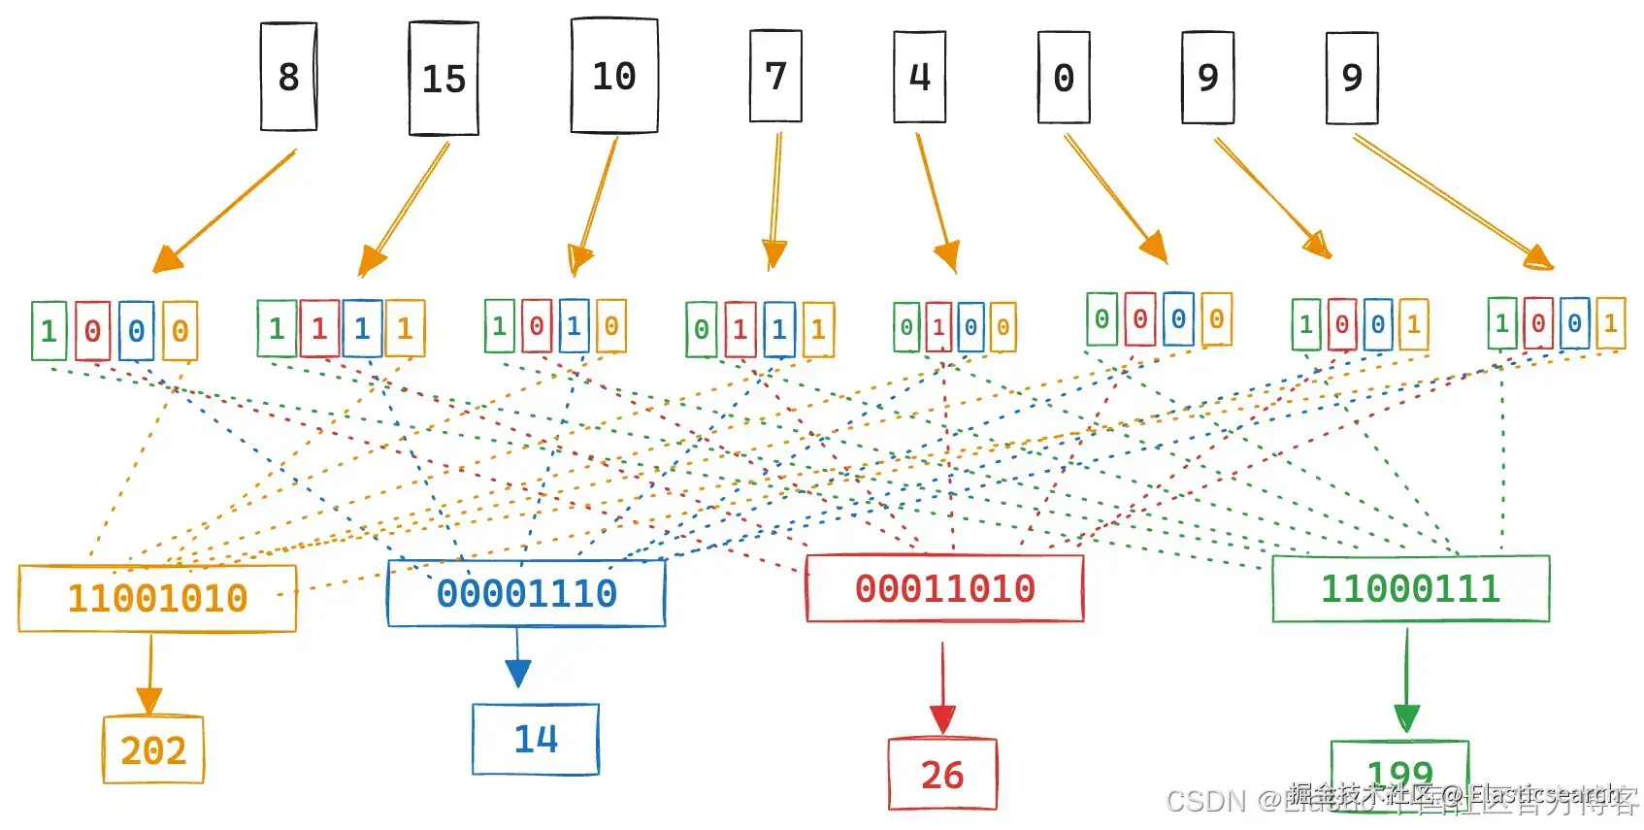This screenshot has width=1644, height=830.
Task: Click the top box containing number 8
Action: click(x=288, y=77)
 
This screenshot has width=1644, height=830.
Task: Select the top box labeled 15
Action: click(x=444, y=79)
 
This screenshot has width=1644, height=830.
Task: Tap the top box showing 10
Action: click(x=614, y=76)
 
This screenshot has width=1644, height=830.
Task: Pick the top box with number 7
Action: click(x=775, y=76)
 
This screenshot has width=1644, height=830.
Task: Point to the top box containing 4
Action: click(x=919, y=77)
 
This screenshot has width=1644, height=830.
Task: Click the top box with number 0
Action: click(x=1064, y=78)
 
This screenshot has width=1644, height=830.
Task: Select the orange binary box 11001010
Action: click(x=157, y=598)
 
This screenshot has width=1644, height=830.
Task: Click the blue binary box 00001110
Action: click(x=526, y=593)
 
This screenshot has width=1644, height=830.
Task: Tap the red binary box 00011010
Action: click(x=944, y=588)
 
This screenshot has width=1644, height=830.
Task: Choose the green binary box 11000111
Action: click(x=1410, y=588)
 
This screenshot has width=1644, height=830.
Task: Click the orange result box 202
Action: click(x=153, y=749)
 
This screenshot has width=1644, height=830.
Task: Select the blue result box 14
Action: click(x=536, y=740)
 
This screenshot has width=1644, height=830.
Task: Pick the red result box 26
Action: click(x=942, y=774)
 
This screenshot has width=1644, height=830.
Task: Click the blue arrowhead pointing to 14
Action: click(x=518, y=673)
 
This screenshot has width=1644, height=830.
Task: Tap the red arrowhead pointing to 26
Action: click(x=942, y=719)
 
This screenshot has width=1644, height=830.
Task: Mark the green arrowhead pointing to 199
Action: click(x=1406, y=718)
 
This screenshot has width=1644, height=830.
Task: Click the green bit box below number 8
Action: click(x=49, y=331)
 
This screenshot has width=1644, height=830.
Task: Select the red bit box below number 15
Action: click(x=319, y=328)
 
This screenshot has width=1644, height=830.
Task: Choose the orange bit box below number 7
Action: click(x=818, y=330)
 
